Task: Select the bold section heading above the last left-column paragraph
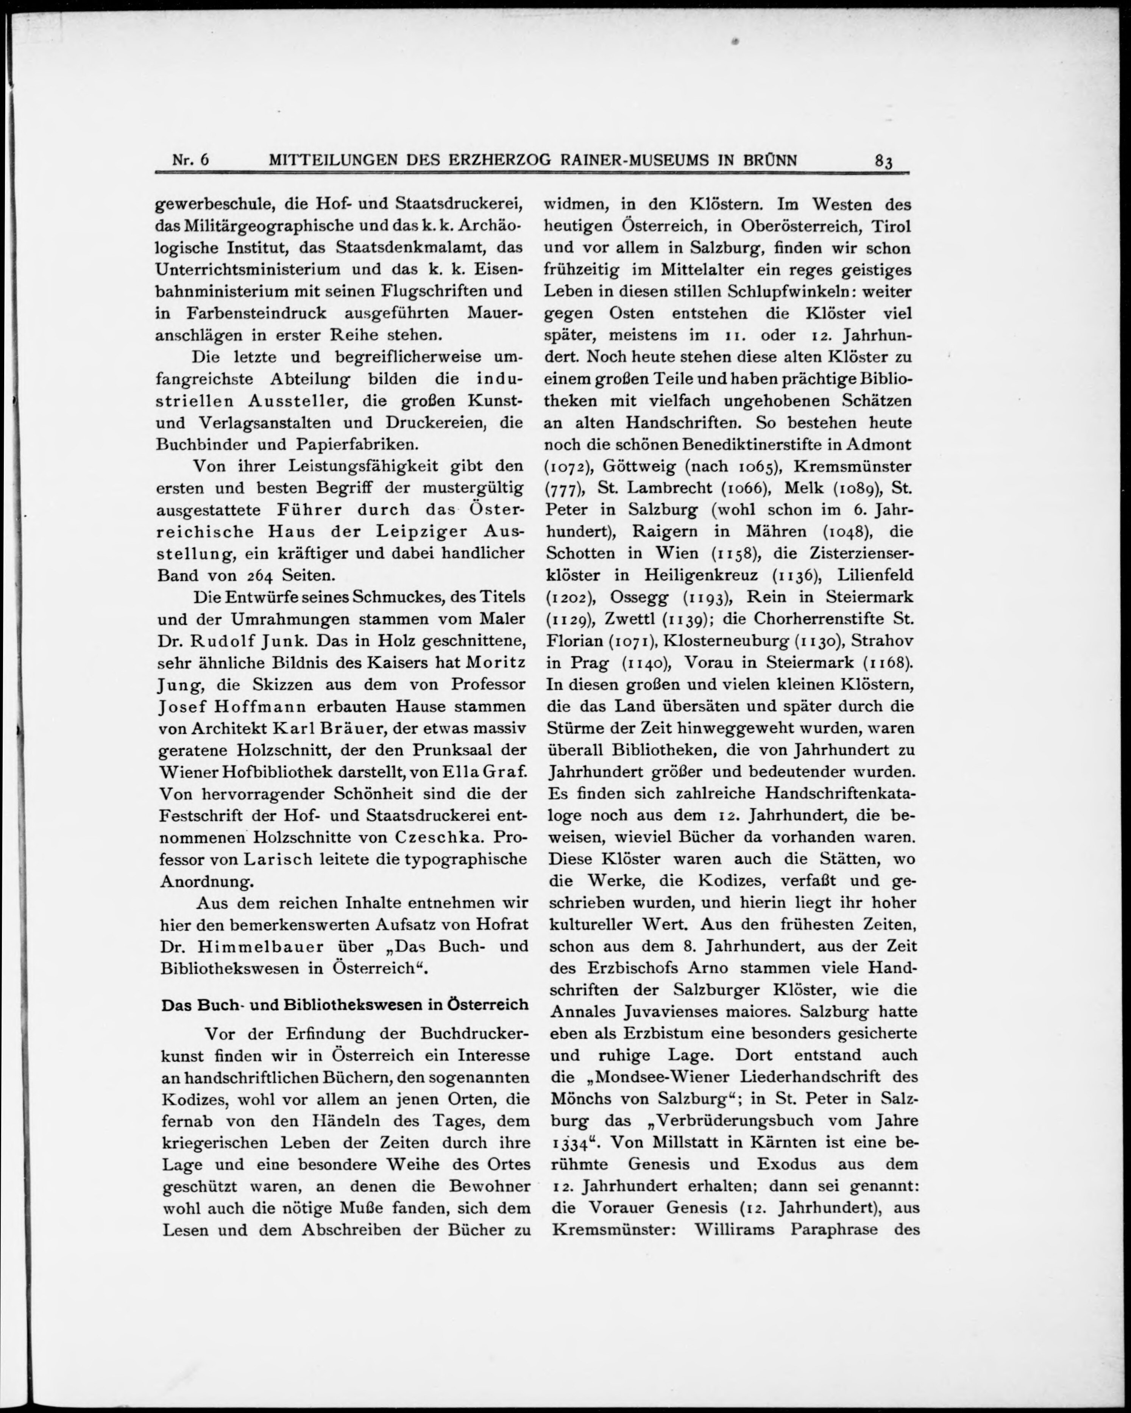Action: click(x=345, y=1005)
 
